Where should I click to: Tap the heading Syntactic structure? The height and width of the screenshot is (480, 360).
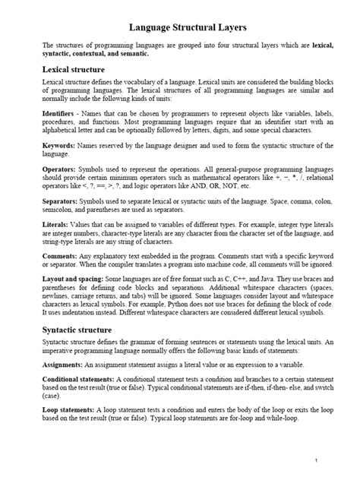[x=78, y=330]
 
